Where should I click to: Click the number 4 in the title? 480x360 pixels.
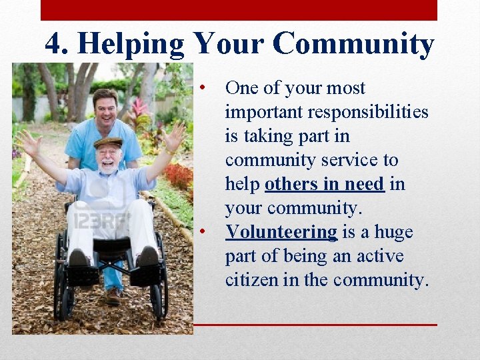point(55,45)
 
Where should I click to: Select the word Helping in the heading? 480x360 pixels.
point(131,45)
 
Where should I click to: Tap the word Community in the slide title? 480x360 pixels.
point(353,45)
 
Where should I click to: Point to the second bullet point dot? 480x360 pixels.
point(208,232)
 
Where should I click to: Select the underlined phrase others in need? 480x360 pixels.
point(324,184)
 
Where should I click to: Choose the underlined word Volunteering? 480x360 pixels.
point(281,232)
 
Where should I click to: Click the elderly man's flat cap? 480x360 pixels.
point(108,142)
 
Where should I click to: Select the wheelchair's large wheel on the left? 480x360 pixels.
point(60,280)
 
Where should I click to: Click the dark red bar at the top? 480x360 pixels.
point(239,10)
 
